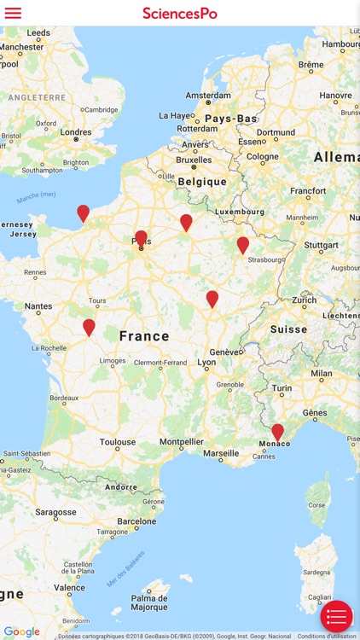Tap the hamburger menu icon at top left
click(13, 13)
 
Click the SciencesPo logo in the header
click(180, 13)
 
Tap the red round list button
click(336, 616)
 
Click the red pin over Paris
click(141, 238)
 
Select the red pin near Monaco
click(277, 432)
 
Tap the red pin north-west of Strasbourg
click(242, 245)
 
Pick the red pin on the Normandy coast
click(83, 212)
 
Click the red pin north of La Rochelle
click(89, 327)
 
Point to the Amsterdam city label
click(209, 95)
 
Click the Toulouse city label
click(118, 442)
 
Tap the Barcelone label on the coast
click(137, 521)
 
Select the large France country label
click(144, 336)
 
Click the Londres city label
click(76, 132)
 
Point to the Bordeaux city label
click(64, 398)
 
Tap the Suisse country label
click(288, 329)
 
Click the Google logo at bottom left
click(21, 632)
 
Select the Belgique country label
click(202, 182)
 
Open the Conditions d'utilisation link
click(327, 636)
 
